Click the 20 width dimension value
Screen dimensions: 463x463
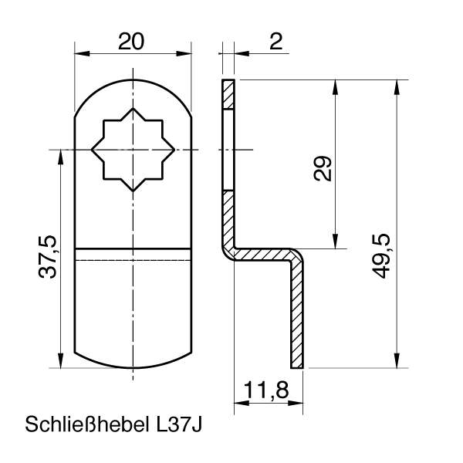[132, 41]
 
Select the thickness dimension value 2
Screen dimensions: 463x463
[275, 41]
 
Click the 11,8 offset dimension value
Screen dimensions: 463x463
[264, 390]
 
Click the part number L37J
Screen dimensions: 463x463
[178, 425]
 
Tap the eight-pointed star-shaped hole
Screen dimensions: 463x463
[133, 148]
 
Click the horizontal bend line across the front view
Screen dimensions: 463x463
[133, 249]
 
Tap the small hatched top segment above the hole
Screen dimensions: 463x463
[227, 94]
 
